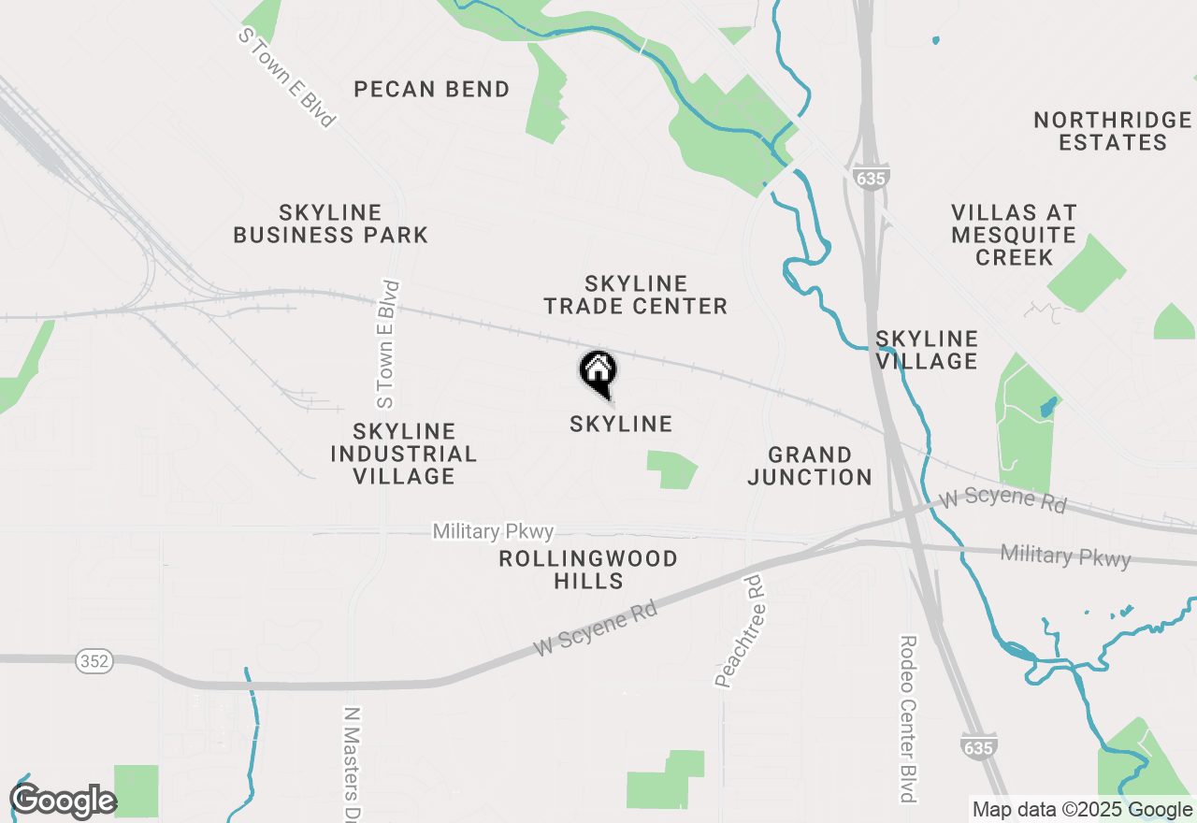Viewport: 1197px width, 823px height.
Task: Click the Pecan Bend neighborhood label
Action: pyautogui.click(x=432, y=90)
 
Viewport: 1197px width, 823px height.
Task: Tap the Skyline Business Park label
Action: pyautogui.click(x=330, y=224)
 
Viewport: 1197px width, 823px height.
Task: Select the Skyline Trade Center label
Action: pyautogui.click(x=635, y=295)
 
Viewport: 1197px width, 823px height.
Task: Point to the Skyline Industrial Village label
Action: pyautogui.click(x=404, y=454)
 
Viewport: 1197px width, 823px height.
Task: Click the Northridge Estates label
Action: pyautogui.click(x=1112, y=131)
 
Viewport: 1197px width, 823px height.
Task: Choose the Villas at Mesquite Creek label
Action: pyautogui.click(x=1015, y=235)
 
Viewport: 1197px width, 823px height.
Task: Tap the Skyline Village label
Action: pyautogui.click(x=927, y=350)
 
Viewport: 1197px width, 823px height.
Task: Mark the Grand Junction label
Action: pyautogui.click(x=810, y=466)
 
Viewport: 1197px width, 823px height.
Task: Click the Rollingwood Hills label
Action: pyautogui.click(x=588, y=570)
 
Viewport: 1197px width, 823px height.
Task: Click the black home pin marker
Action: pyautogui.click(x=598, y=372)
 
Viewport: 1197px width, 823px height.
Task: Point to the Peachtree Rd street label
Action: pyautogui.click(x=739, y=631)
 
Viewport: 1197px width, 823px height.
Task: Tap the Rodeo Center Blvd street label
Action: pyautogui.click(x=908, y=718)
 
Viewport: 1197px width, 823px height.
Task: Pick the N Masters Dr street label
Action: pyautogui.click(x=352, y=762)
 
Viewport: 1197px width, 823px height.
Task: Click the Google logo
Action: pyautogui.click(x=63, y=801)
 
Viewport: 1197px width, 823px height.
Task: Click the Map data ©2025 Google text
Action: pyautogui.click(x=1081, y=810)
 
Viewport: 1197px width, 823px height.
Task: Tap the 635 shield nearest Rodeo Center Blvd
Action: pyautogui.click(x=977, y=745)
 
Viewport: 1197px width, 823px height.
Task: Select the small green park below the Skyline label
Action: pyautogui.click(x=671, y=469)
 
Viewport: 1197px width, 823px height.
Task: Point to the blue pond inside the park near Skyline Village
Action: pyautogui.click(x=1047, y=408)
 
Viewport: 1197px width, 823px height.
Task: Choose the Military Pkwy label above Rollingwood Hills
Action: pyautogui.click(x=493, y=532)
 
